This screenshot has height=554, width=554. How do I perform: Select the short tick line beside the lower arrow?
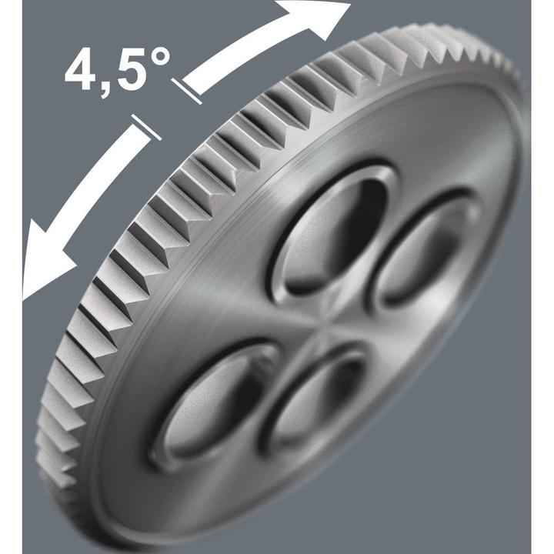pos(146,127)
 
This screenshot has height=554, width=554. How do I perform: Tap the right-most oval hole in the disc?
pos(427,250)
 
